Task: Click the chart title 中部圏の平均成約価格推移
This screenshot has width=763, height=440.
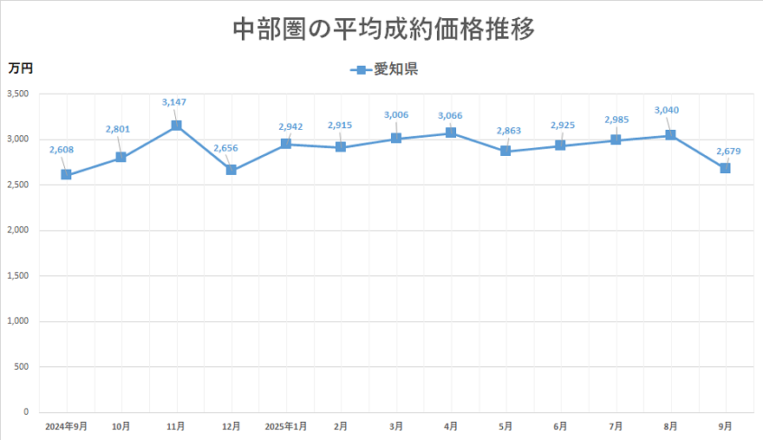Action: pos(383,29)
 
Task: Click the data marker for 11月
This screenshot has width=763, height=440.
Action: pos(176,126)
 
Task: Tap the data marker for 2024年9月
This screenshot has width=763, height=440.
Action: pos(66,175)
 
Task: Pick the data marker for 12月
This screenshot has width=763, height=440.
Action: pos(232,170)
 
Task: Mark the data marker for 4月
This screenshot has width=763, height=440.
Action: pos(451,133)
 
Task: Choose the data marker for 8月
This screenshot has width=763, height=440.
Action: pos(670,135)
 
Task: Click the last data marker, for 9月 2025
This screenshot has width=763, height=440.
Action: pos(725,168)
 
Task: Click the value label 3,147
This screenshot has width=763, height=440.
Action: pos(174,102)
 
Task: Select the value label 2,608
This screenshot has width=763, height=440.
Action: pos(62,150)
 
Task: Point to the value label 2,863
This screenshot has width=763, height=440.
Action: pos(509,131)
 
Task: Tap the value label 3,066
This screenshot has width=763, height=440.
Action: pos(451,115)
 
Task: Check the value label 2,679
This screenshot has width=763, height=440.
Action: pos(728,152)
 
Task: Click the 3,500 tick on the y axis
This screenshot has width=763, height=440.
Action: pos(17,94)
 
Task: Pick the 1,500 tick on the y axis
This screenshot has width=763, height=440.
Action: pos(17,275)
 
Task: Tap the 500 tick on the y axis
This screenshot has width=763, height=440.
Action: pos(21,366)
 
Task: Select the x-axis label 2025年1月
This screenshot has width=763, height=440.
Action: pos(285,426)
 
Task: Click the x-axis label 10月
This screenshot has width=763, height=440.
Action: pos(121,426)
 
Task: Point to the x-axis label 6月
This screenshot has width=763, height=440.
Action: pos(560,426)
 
